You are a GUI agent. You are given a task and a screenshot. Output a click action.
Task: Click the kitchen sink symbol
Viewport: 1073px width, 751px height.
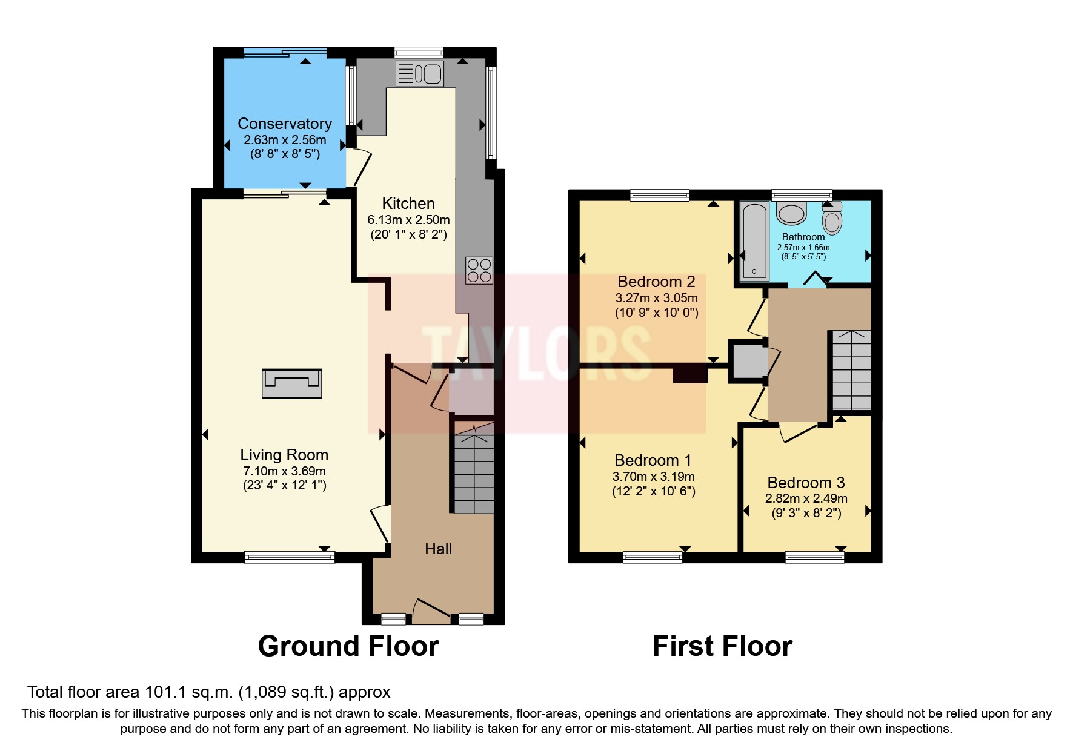(419, 74)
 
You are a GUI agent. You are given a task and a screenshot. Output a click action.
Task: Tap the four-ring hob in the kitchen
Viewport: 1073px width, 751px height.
(479, 271)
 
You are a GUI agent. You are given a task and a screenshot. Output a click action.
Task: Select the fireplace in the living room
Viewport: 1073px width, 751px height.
(291, 383)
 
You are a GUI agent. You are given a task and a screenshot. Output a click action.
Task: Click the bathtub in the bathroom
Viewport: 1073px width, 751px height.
(755, 241)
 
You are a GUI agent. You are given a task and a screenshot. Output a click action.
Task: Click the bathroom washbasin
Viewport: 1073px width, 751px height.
(791, 213)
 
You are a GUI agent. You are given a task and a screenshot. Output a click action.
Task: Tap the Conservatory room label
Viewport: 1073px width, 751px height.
(285, 124)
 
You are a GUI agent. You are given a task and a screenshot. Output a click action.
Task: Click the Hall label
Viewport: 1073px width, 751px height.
(438, 549)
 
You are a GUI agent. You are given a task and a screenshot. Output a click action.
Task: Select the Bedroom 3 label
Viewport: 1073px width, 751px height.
(806, 483)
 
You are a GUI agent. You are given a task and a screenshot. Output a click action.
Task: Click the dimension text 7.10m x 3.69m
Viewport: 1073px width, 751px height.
(284, 471)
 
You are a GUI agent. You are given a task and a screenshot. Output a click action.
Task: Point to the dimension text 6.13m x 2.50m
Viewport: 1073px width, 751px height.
(408, 220)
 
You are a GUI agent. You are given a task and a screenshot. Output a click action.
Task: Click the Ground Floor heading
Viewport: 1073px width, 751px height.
(348, 646)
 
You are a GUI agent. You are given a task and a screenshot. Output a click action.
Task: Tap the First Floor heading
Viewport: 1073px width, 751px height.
(722, 646)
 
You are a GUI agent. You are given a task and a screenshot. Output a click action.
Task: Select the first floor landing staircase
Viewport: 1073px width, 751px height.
(851, 370)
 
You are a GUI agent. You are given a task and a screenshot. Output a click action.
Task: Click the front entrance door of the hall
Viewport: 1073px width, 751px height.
(431, 610)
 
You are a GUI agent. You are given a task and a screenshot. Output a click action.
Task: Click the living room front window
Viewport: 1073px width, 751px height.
(290, 557)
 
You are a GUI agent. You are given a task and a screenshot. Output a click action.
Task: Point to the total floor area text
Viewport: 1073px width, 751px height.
(209, 692)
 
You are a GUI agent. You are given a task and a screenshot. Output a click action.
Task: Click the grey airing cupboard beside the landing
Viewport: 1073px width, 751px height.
(748, 361)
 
